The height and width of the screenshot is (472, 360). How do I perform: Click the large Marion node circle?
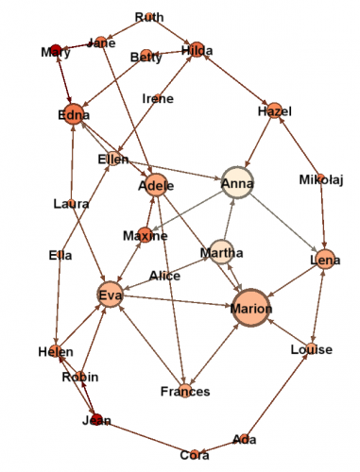click(250, 308)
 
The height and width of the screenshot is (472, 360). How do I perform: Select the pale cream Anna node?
click(237, 182)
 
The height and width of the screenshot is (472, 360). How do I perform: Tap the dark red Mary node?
click(56, 49)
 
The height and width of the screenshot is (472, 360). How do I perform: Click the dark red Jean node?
click(96, 419)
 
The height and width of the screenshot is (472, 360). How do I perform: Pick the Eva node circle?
click(111, 295)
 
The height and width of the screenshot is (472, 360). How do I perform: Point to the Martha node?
click(222, 252)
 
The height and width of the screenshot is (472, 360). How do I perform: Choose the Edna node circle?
click(74, 114)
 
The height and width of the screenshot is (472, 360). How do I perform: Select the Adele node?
click(156, 185)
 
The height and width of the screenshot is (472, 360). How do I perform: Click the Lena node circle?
click(325, 260)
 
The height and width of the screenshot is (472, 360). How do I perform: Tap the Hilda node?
click(197, 49)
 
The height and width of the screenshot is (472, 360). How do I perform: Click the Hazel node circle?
click(275, 110)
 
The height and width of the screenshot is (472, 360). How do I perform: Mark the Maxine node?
click(145, 235)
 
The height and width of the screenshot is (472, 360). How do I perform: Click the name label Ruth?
click(149, 17)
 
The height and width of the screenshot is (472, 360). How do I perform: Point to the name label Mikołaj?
click(321, 180)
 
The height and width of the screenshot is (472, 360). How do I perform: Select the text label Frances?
click(185, 392)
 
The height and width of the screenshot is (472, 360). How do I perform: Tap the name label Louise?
click(312, 349)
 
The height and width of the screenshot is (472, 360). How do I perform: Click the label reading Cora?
click(195, 455)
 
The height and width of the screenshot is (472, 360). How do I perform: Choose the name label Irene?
click(158, 99)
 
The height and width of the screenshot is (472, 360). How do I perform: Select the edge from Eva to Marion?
click(178, 300)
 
